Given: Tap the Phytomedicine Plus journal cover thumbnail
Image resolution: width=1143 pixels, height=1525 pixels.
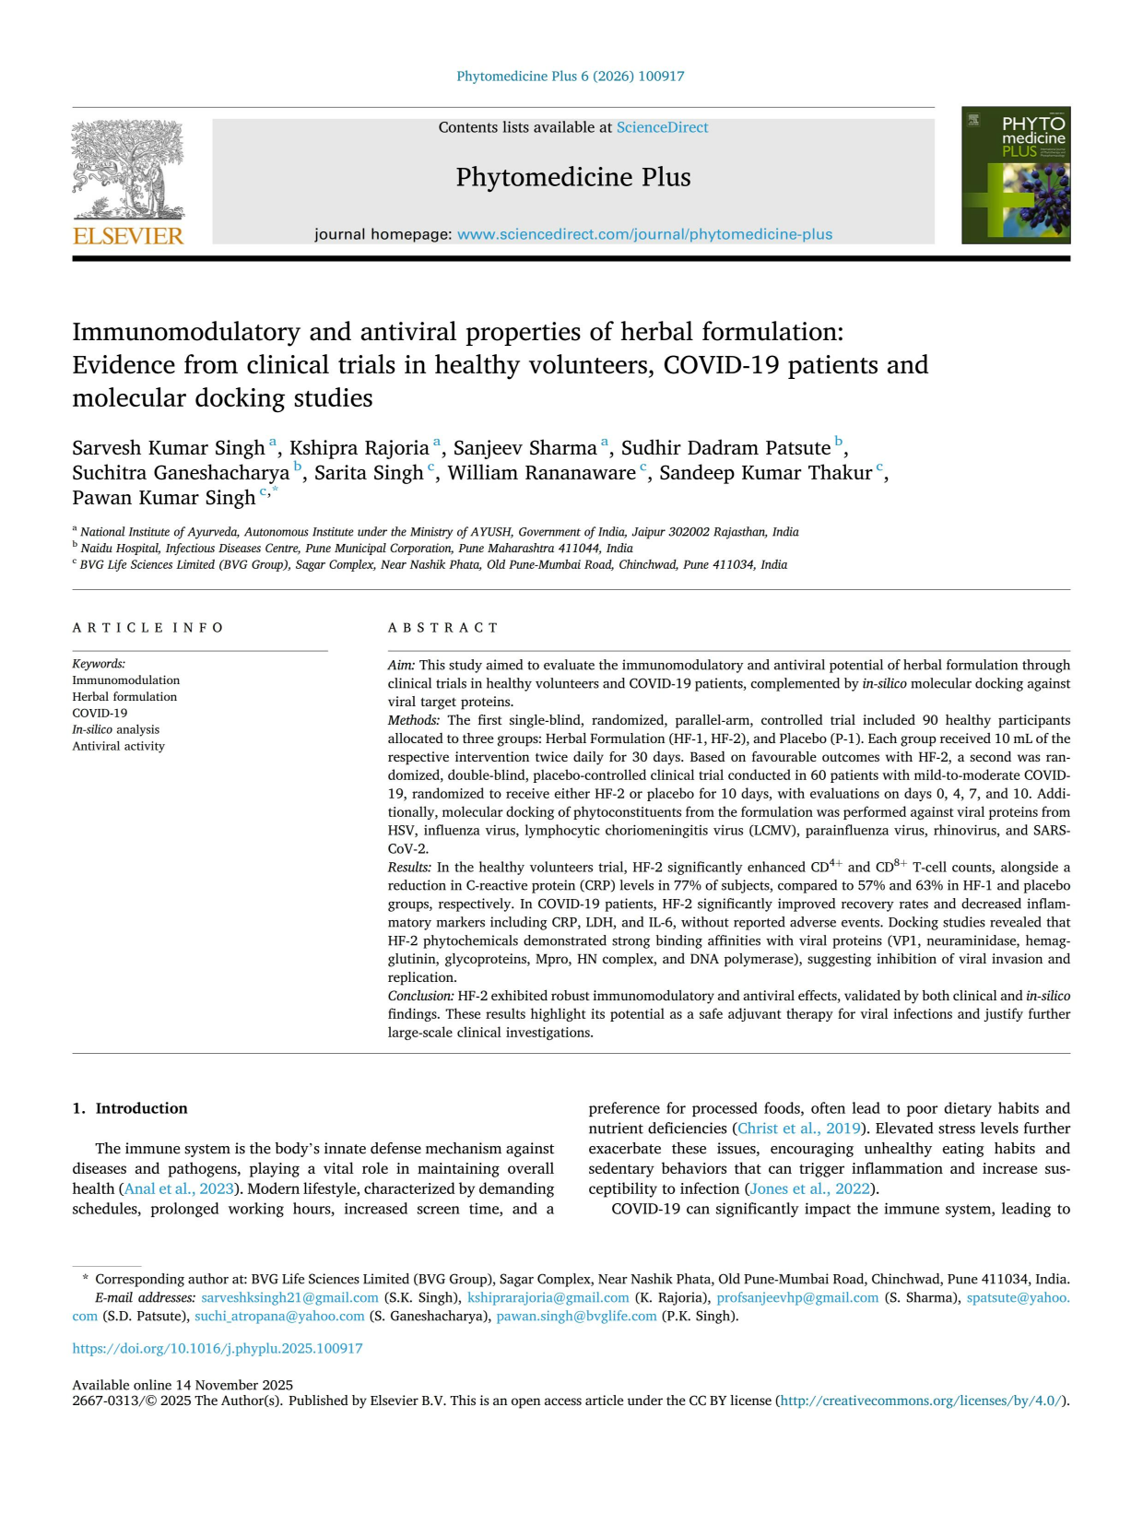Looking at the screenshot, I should [1016, 175].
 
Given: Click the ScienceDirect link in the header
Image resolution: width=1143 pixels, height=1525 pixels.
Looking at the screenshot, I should [662, 127].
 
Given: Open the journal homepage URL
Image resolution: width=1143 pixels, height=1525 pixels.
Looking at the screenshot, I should [644, 234].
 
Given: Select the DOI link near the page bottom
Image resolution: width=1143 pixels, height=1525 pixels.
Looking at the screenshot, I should [218, 1348].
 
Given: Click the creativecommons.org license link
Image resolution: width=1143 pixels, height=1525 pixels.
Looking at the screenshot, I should [923, 1401].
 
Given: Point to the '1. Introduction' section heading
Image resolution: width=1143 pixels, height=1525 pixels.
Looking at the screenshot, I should [130, 1108].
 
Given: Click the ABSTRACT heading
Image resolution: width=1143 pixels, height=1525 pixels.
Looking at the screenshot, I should [443, 628].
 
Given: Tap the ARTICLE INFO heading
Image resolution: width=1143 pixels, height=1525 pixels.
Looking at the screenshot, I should [148, 628].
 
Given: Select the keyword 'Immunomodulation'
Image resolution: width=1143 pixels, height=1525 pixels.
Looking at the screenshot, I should [126, 680].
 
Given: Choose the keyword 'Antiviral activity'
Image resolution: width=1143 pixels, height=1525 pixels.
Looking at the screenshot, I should [119, 746].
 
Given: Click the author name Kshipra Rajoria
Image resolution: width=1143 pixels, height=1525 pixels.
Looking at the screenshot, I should [359, 448].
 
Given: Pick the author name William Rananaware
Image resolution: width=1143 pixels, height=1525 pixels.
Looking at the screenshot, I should [542, 473].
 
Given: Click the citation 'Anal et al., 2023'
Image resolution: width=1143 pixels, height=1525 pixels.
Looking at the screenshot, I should [179, 1188].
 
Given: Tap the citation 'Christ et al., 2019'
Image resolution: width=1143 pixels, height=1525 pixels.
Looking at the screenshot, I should [798, 1129].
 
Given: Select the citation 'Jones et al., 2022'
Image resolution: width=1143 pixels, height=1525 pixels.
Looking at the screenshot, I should [809, 1188].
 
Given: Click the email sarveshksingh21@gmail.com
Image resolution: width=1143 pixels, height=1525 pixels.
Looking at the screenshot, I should [289, 1297].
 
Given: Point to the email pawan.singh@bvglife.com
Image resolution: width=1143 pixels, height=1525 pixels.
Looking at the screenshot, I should [576, 1316].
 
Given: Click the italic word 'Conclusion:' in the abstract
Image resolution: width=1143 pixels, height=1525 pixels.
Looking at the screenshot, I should [420, 996].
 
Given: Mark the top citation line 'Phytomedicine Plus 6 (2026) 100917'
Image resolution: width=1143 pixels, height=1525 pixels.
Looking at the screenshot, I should [571, 77].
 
